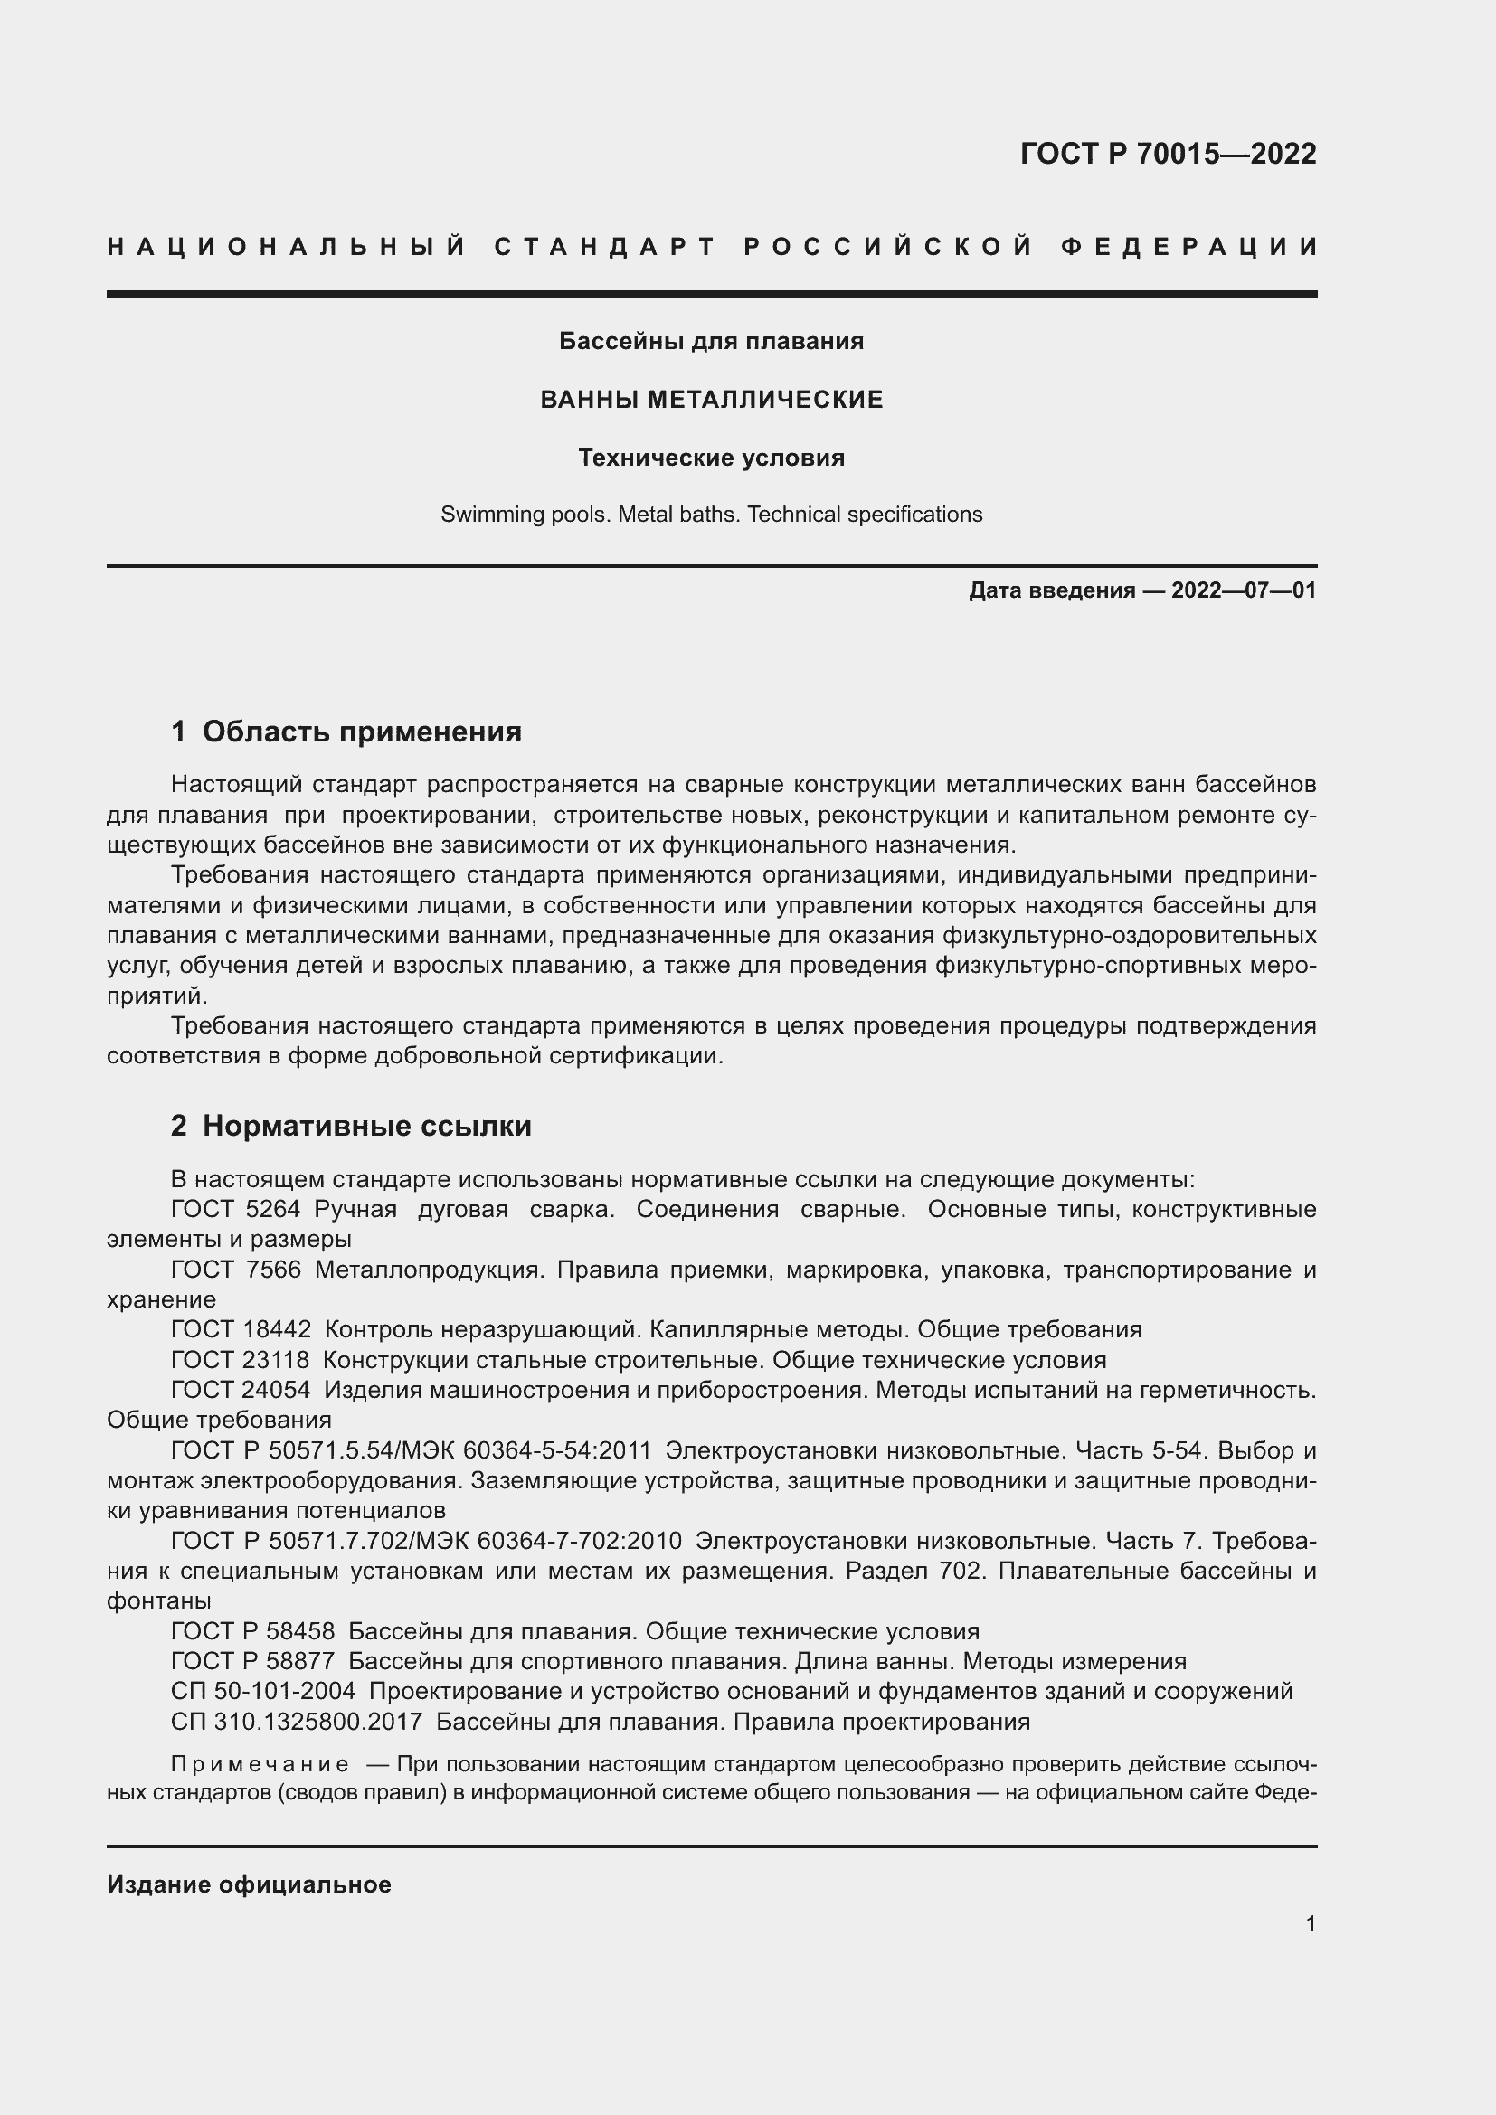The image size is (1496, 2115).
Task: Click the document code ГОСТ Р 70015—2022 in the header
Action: pyautogui.click(x=1167, y=154)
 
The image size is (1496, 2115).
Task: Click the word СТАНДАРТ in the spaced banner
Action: pyautogui.click(x=604, y=247)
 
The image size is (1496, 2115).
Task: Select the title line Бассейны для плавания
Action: pyautogui.click(x=711, y=342)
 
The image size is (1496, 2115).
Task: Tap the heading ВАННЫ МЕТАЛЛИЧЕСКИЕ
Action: pyautogui.click(x=711, y=400)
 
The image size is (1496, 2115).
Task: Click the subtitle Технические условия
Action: pyautogui.click(x=711, y=458)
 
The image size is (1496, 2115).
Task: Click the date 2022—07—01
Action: pyautogui.click(x=1244, y=590)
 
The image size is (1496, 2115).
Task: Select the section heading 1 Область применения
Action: pyautogui.click(x=346, y=732)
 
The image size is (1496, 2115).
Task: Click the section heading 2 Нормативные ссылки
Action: pyautogui.click(x=351, y=1126)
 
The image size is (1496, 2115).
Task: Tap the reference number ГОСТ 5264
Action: pyautogui.click(x=236, y=1210)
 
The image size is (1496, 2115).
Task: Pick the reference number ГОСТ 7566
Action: pyautogui.click(x=236, y=1270)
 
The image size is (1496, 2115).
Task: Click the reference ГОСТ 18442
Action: pyautogui.click(x=241, y=1330)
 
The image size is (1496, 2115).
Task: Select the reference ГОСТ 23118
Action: pyautogui.click(x=241, y=1361)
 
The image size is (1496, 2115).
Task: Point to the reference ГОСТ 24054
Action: pyautogui.click(x=241, y=1390)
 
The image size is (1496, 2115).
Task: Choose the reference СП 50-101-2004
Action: pyautogui.click(x=262, y=1691)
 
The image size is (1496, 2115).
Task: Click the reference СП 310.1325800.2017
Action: pyautogui.click(x=296, y=1722)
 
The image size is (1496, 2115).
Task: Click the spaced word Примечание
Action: pyautogui.click(x=260, y=1765)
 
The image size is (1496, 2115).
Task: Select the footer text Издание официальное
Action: pyautogui.click(x=249, y=1884)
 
